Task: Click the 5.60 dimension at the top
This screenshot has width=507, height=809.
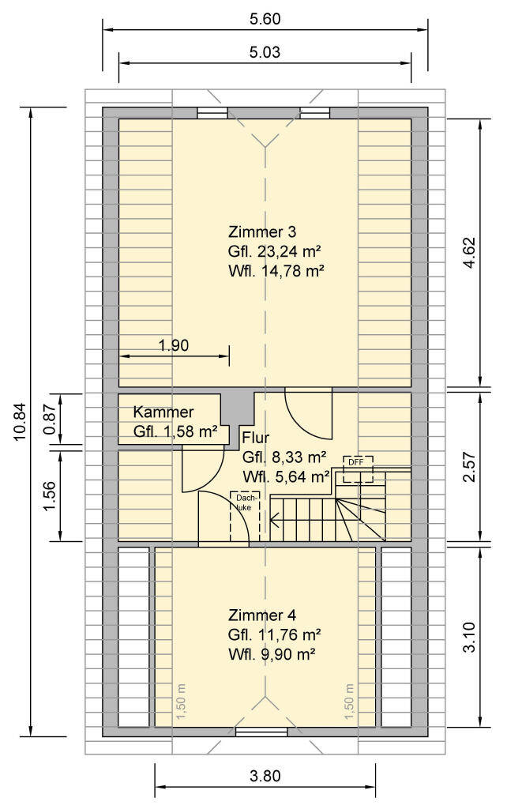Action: coord(265,19)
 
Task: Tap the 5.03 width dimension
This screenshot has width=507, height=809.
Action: coord(265,52)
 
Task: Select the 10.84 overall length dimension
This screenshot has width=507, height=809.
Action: coord(19,421)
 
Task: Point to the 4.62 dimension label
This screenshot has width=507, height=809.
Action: coord(469,253)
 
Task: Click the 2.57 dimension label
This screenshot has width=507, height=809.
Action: coord(469,467)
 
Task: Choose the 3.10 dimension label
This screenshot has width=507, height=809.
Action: coord(469,637)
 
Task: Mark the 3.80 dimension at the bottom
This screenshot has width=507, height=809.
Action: coord(265,776)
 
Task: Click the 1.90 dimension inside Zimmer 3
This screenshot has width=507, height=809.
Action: coord(174,345)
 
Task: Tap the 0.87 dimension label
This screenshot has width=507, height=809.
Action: coord(50,419)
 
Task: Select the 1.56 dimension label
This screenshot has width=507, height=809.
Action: coord(50,497)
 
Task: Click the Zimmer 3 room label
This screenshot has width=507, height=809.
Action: coord(262,231)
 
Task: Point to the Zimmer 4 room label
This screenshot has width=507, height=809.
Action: coord(262,615)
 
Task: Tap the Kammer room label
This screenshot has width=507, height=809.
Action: coord(163,412)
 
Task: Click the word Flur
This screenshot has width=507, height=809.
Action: coord(256,438)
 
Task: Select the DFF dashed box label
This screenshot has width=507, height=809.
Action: coord(356,461)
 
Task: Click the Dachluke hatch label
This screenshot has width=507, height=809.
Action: coord(246,502)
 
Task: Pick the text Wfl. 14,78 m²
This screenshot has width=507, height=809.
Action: coord(276,270)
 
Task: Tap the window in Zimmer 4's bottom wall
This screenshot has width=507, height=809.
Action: coord(261,731)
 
